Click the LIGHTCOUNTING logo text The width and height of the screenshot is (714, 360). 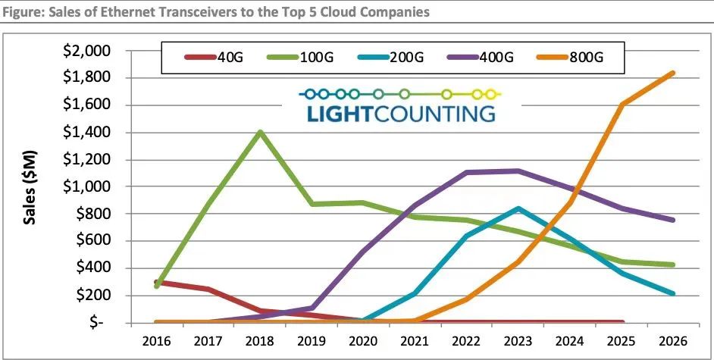click(401, 114)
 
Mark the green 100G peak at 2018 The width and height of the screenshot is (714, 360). click(260, 132)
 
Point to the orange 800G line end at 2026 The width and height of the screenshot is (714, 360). click(672, 74)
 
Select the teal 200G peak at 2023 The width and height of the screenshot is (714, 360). click(518, 208)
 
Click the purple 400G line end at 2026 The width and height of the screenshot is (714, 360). click(672, 220)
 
